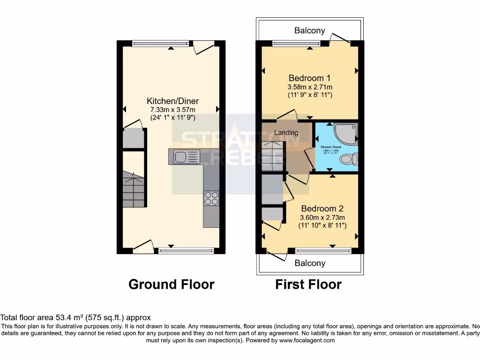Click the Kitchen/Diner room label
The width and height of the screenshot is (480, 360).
172,101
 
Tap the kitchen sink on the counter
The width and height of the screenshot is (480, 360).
187,156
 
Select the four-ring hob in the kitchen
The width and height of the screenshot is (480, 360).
211,198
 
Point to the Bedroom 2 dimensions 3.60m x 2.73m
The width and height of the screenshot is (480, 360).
322,217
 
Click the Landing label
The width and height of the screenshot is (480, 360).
286,133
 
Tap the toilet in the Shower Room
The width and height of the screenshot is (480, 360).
349,159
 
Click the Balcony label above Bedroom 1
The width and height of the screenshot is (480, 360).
309,30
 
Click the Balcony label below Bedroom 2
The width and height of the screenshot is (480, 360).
309,263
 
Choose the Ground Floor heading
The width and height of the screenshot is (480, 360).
171,284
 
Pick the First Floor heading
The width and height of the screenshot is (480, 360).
308,284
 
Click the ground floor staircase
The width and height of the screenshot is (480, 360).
134,189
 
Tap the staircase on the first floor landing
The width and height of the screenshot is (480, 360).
272,156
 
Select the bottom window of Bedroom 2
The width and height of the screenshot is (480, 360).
323,250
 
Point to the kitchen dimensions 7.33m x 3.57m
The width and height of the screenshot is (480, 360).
172,110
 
